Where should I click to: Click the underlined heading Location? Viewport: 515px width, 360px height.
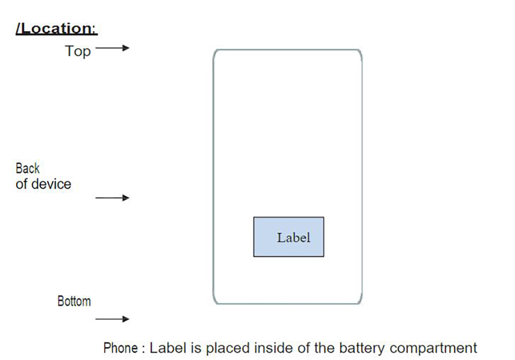click(56, 28)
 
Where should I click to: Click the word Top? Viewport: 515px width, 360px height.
click(78, 52)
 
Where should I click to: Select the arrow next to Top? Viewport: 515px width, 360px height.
click(112, 48)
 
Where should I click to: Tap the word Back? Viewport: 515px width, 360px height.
click(27, 168)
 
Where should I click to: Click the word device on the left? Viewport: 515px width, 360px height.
click(51, 184)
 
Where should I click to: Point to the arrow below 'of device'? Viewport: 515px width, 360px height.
click(112, 198)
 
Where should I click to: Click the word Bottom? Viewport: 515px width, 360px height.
click(74, 301)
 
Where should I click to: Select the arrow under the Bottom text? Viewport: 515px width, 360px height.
click(112, 319)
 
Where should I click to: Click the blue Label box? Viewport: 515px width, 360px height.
click(289, 237)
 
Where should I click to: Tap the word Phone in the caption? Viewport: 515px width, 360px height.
click(121, 348)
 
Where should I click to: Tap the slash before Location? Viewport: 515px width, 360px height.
click(19, 28)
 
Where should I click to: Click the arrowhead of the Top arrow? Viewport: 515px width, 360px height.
click(126, 48)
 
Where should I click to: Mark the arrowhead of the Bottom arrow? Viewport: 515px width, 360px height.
click(126, 319)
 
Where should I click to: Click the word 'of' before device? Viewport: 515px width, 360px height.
click(21, 184)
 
